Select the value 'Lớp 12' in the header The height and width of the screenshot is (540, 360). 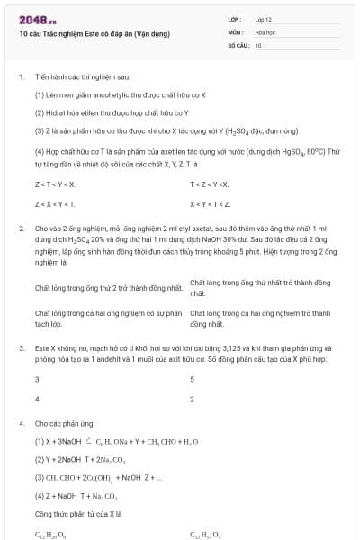click(263, 18)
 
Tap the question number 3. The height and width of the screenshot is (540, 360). click(21, 346)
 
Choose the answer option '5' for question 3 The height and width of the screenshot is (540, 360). click(193, 379)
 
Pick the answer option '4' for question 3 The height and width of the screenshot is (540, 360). click(37, 397)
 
